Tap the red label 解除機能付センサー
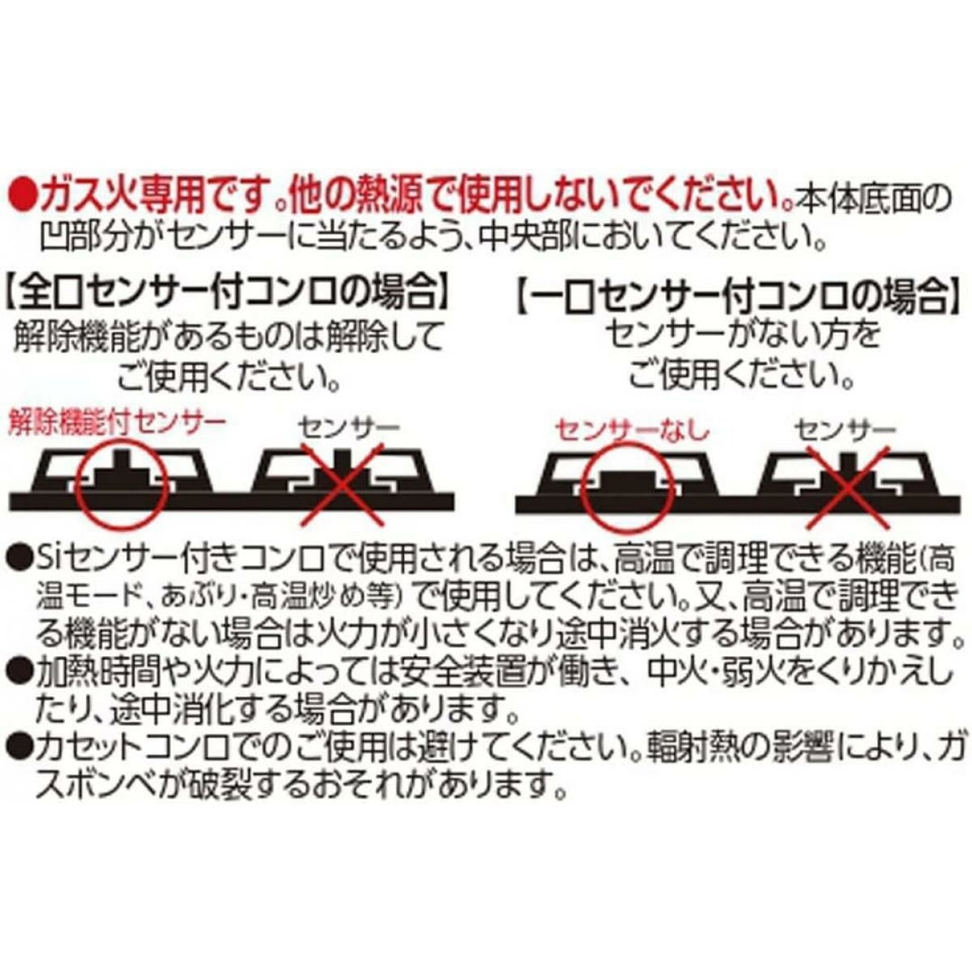click(116, 424)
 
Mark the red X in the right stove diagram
click(848, 486)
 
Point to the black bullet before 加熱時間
click(19, 670)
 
